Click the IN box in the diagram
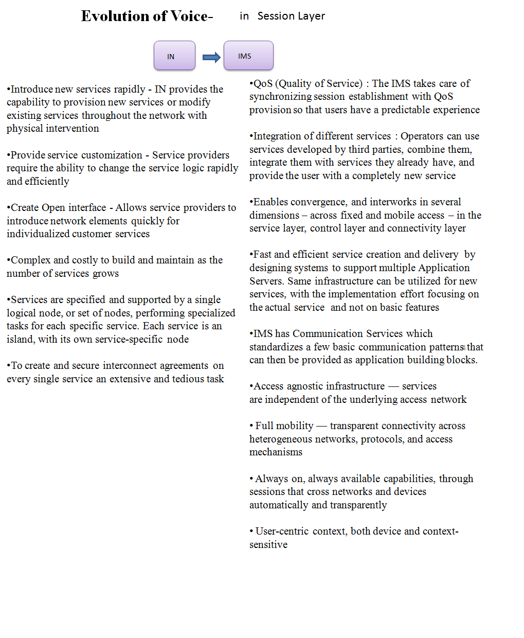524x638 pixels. coord(174,56)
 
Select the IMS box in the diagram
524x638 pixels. coord(248,56)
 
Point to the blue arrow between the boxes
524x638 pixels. coord(211,57)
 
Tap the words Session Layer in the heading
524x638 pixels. coord(291,16)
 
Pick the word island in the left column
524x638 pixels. coord(20,339)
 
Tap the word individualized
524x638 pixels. coord(38,234)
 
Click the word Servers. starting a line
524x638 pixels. coord(266,281)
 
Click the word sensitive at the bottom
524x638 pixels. coord(268,544)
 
